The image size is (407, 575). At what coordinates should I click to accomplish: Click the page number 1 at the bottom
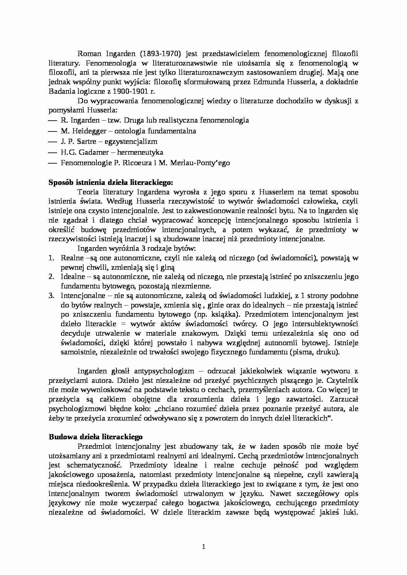[203, 546]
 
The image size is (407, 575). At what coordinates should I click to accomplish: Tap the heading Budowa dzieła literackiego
[96, 437]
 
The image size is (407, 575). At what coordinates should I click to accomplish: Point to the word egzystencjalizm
[134, 142]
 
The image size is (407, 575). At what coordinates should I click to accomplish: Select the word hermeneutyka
[140, 152]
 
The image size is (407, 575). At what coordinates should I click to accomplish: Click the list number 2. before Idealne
[51, 276]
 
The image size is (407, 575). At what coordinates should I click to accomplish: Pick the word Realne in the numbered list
[70, 258]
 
